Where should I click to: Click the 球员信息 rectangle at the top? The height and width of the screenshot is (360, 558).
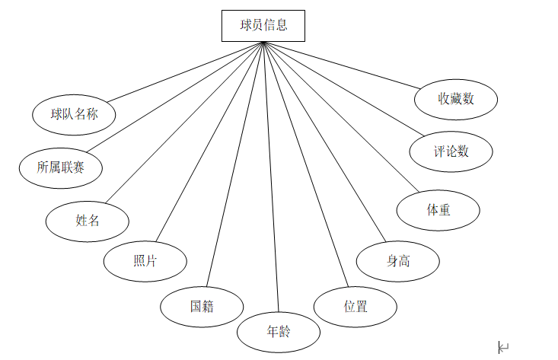(263, 25)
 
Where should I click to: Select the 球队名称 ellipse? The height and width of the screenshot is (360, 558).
(74, 115)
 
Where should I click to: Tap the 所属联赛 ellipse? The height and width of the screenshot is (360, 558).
(60, 166)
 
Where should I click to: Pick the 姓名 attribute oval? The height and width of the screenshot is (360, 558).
(88, 221)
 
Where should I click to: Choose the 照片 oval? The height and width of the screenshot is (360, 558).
(145, 260)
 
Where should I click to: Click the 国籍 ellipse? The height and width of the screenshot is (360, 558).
(202, 307)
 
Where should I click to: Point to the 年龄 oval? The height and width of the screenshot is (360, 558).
(279, 333)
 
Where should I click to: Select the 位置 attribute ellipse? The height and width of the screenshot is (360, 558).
(356, 307)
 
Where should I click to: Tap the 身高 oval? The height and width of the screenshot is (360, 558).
(397, 260)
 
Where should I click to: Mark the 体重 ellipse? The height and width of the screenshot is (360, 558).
(438, 209)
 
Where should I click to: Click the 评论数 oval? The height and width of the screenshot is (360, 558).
(451, 151)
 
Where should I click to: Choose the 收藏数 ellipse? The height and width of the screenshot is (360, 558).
(457, 98)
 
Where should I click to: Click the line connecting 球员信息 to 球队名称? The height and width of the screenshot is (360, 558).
(185, 71)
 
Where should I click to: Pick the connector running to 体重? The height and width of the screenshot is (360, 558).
(341, 116)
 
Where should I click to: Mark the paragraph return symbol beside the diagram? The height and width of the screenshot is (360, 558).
(503, 347)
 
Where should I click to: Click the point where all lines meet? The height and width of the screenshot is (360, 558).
(263, 42)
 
